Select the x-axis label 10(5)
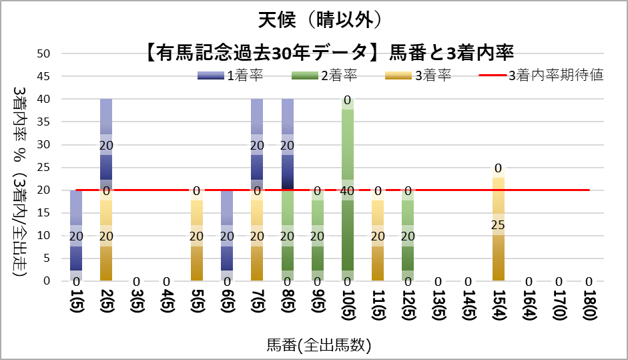click(x=347, y=308)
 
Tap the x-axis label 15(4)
click(x=499, y=308)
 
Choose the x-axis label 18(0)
click(x=589, y=308)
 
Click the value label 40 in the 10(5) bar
click(x=347, y=190)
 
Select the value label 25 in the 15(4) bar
click(x=499, y=224)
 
